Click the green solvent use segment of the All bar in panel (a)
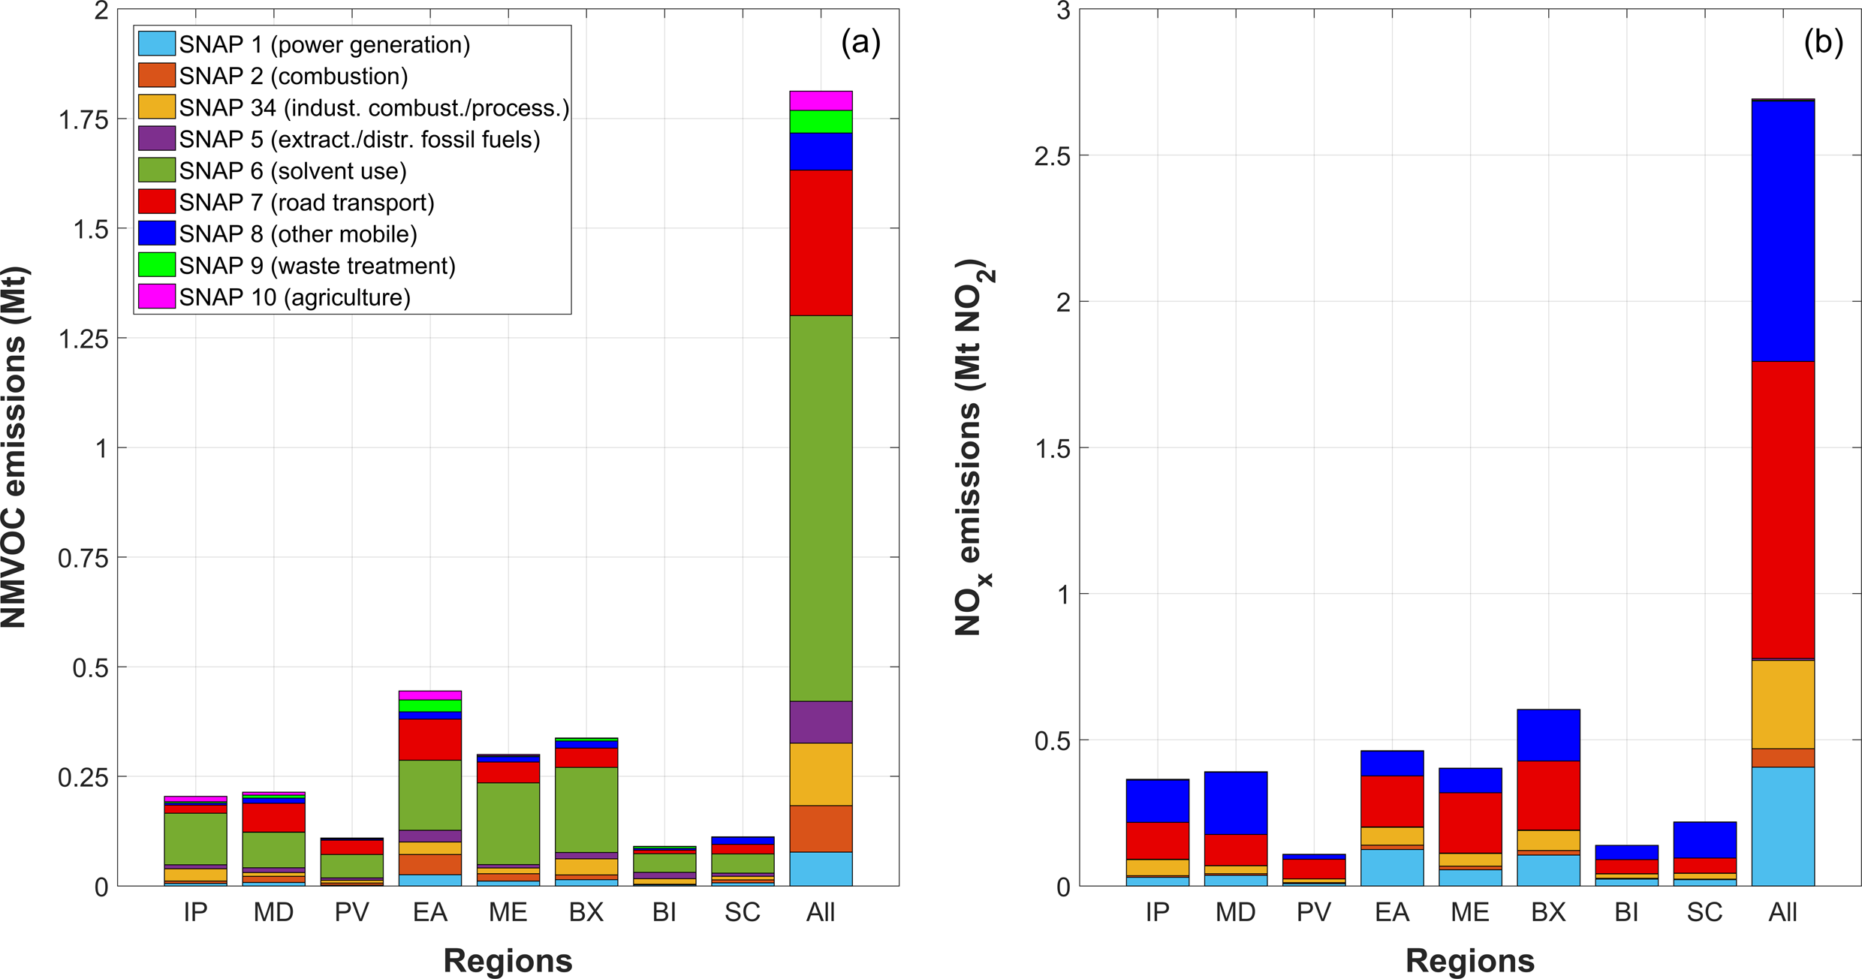(821, 508)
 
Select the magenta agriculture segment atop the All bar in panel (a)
(821, 101)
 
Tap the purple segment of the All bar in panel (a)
(821, 722)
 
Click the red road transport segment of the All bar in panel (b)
(1782, 510)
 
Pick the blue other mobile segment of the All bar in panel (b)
(1782, 231)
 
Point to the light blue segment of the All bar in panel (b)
(1782, 826)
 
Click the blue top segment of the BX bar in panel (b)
(1548, 735)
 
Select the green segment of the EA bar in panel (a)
(429, 794)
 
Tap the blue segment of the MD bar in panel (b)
(1235, 803)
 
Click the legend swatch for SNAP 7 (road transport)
(157, 202)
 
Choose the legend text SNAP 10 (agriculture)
(294, 298)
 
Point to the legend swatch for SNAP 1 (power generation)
(157, 44)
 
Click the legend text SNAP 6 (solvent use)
(293, 171)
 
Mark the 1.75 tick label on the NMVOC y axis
(83, 120)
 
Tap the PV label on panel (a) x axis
(351, 912)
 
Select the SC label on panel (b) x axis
(1704, 912)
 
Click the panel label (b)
(1823, 43)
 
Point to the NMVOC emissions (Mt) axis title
(15, 447)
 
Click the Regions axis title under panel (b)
(1469, 961)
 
